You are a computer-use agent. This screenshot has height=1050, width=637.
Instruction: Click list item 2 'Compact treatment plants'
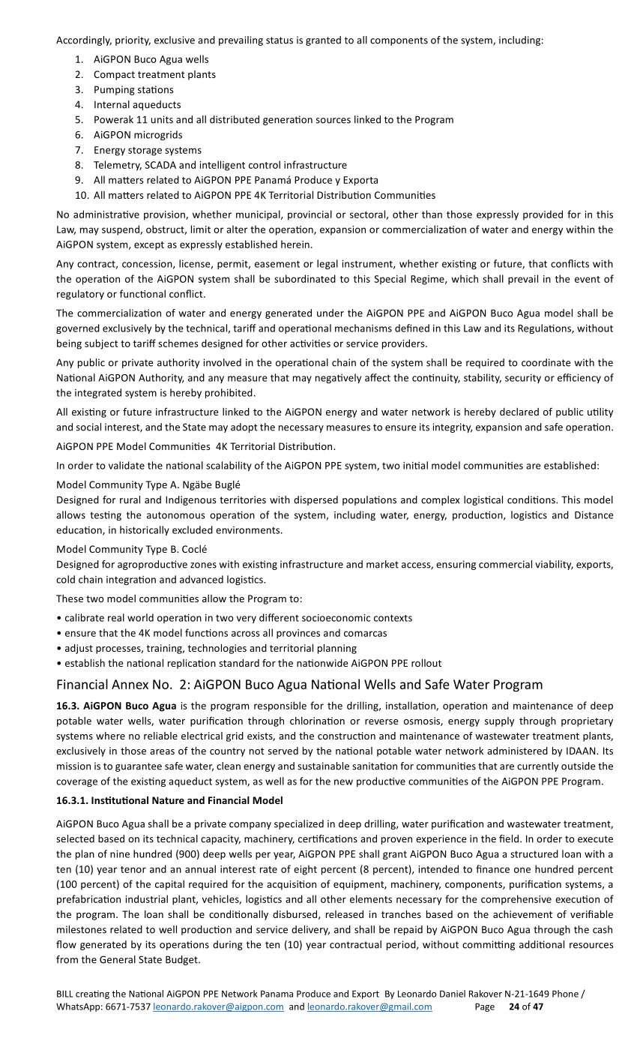coord(154,74)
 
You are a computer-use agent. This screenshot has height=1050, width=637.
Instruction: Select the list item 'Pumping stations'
coord(133,89)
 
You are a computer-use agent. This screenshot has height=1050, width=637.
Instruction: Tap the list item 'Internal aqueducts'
coord(137,104)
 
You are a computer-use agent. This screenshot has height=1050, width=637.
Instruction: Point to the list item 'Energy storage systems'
coord(148,150)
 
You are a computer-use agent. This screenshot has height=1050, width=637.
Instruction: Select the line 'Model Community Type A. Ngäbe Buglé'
coord(148,484)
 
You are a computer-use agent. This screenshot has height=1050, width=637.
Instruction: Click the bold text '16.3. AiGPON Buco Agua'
coord(116,706)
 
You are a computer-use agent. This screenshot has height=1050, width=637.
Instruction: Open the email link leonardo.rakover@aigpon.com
coord(218,1006)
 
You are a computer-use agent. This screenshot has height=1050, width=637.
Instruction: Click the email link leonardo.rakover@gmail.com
coord(369,1006)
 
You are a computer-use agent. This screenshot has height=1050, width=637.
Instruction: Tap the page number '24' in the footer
coord(514,1006)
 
